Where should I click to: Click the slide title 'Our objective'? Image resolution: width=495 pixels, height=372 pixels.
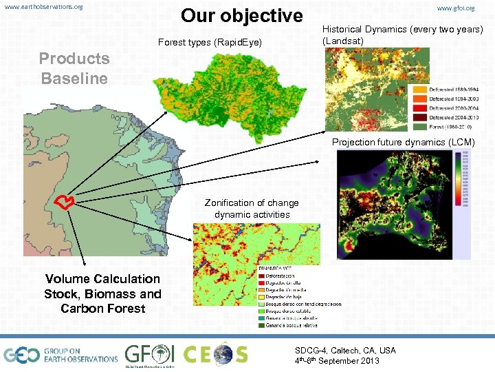[241, 16]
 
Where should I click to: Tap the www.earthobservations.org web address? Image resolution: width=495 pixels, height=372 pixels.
[43, 7]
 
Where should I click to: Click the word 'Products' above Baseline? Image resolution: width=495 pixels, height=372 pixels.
[74, 59]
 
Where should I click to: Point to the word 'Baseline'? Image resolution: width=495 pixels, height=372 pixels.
[74, 79]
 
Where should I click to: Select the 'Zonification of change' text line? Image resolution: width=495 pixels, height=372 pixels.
[252, 203]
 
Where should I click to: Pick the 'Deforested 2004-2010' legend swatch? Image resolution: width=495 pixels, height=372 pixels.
[420, 117]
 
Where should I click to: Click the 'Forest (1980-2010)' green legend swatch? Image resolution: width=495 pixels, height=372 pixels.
[420, 126]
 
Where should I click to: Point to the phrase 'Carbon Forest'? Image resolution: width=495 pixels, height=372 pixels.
[103, 309]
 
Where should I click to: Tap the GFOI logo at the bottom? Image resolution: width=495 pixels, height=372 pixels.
[149, 354]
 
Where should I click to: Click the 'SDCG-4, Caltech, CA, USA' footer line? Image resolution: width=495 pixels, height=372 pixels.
[345, 351]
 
